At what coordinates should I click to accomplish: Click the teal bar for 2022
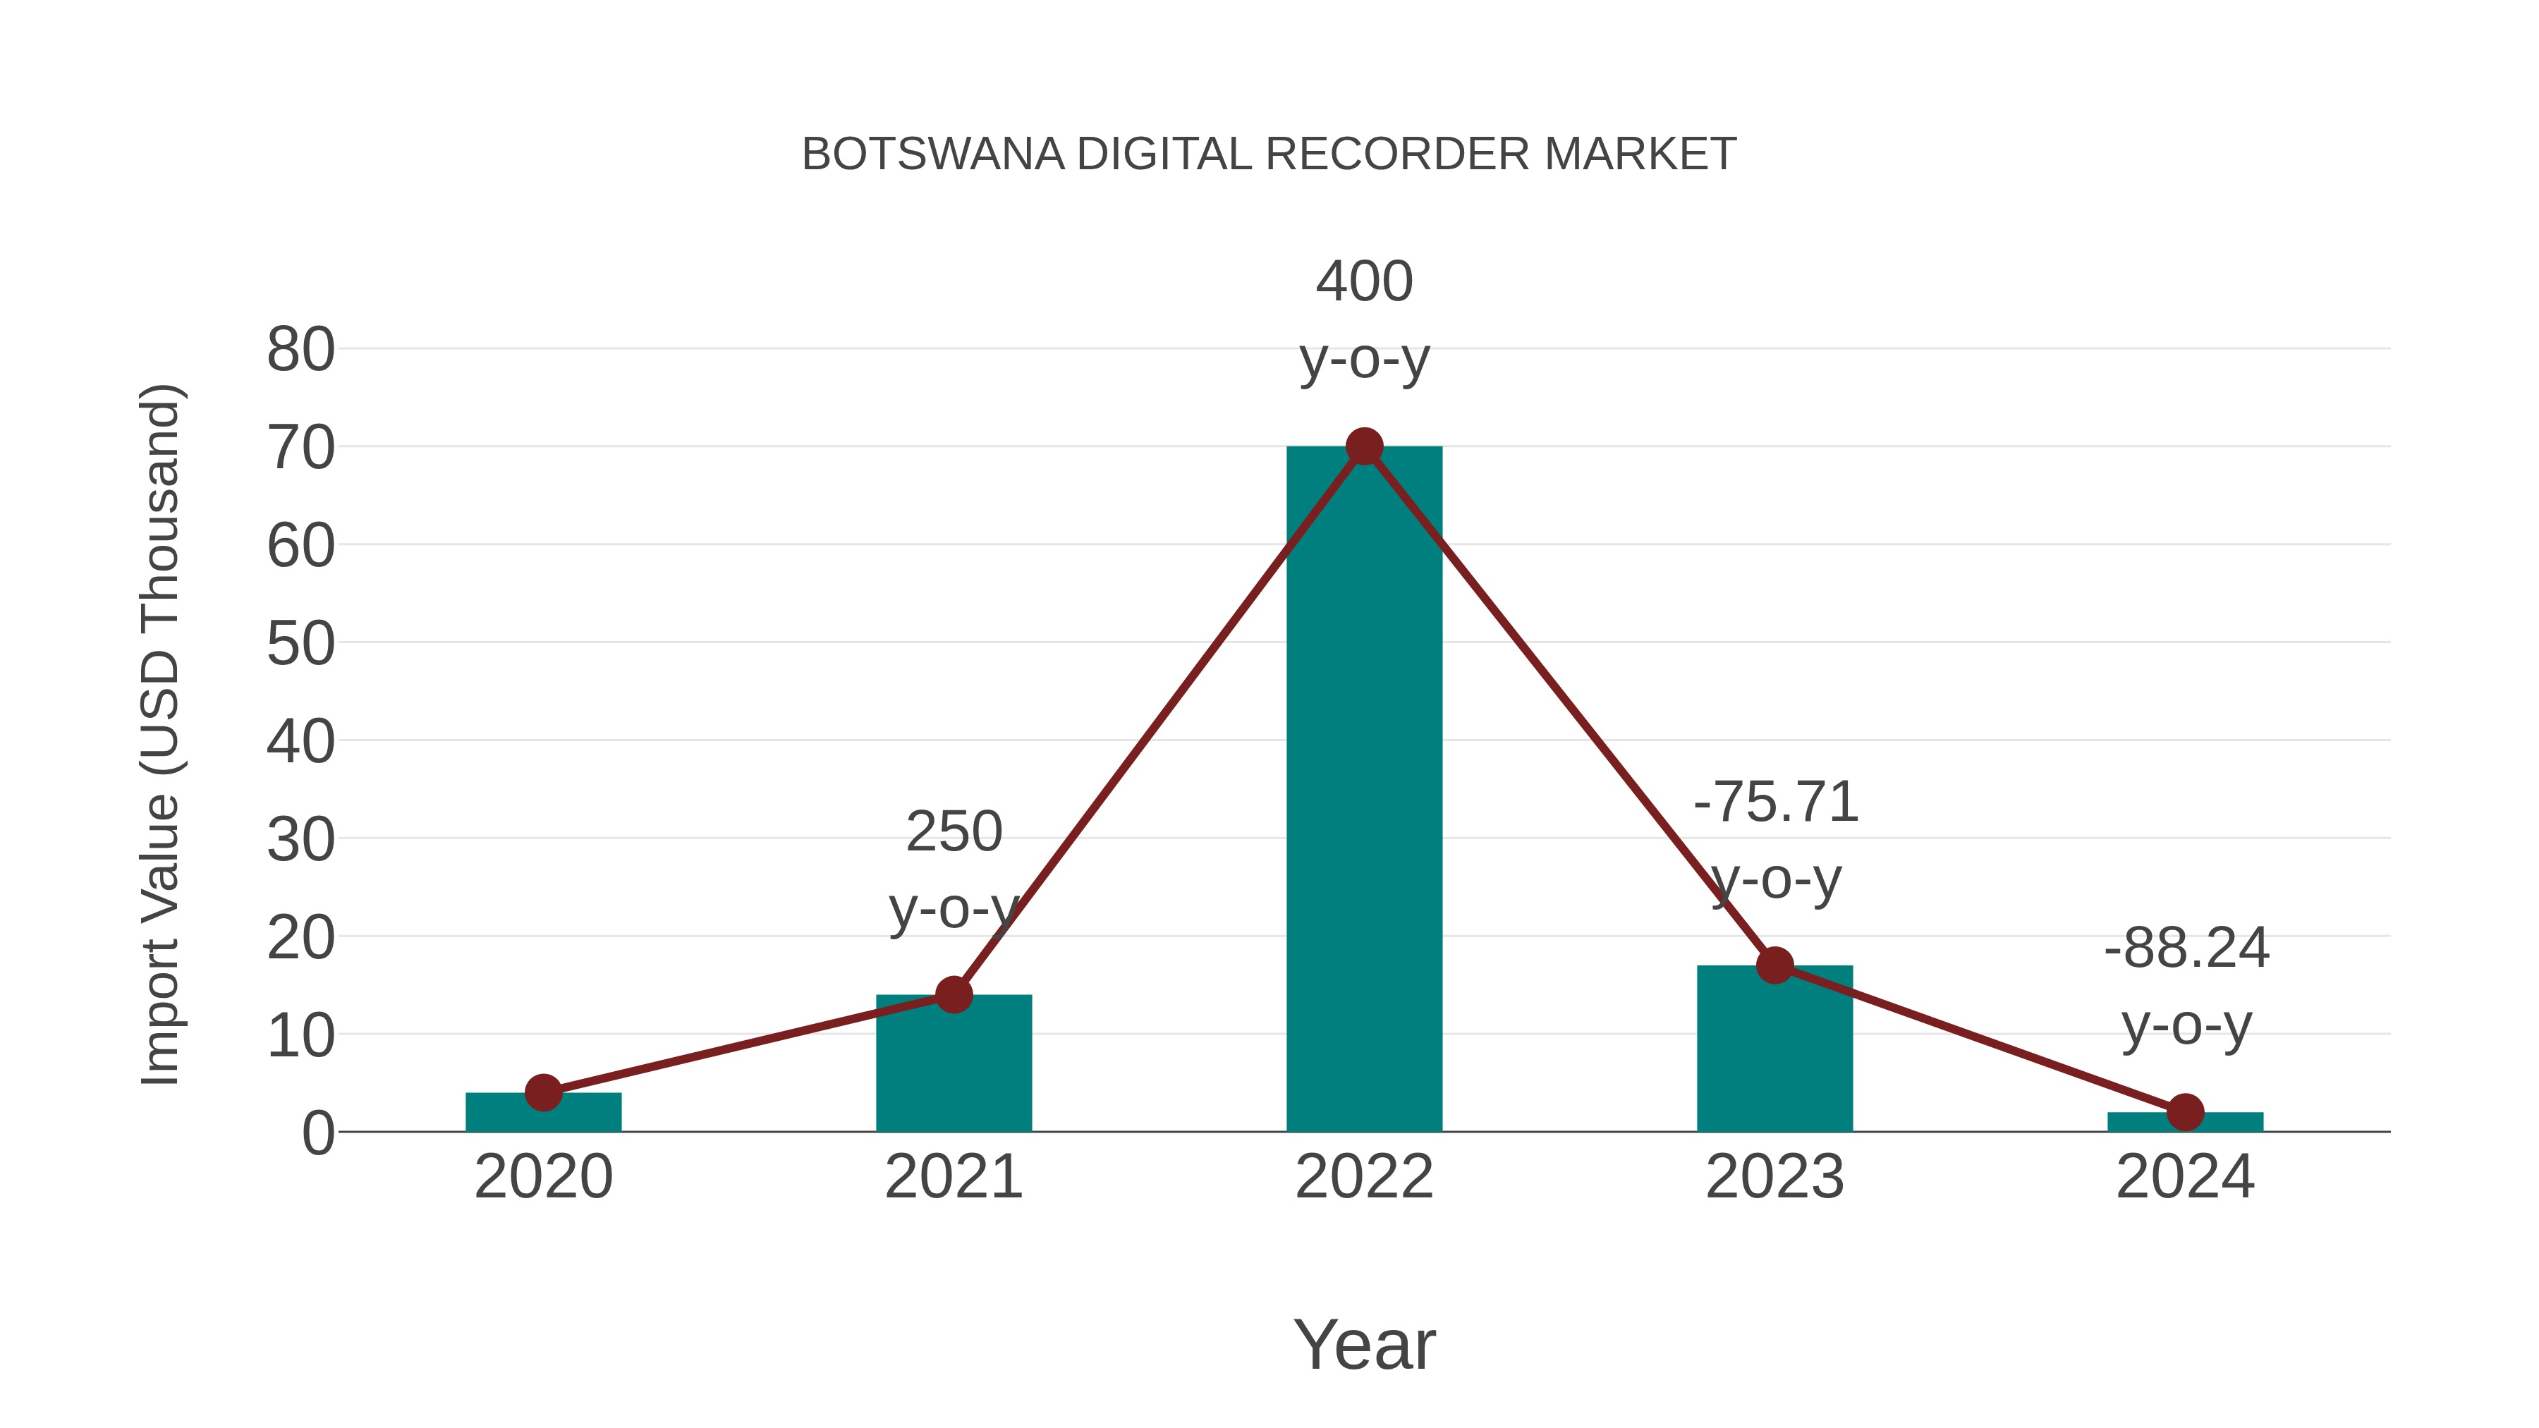[x=1364, y=788]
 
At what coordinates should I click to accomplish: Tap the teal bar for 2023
[x=1774, y=1049]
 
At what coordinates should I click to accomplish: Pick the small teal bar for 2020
[x=543, y=1113]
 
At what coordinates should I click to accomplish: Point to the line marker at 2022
[x=1364, y=446]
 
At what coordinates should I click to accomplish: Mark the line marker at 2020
[x=543, y=1092]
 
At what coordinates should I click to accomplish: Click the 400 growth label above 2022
[x=1364, y=282]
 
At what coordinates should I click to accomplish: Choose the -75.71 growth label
[x=1775, y=803]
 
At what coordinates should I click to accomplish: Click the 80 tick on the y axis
[x=300, y=350]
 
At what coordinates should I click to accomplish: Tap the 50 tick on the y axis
[x=300, y=644]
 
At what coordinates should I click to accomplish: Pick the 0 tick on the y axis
[x=318, y=1133]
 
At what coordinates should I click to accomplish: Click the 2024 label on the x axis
[x=2185, y=1177]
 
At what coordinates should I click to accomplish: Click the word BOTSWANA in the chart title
[x=932, y=154]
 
